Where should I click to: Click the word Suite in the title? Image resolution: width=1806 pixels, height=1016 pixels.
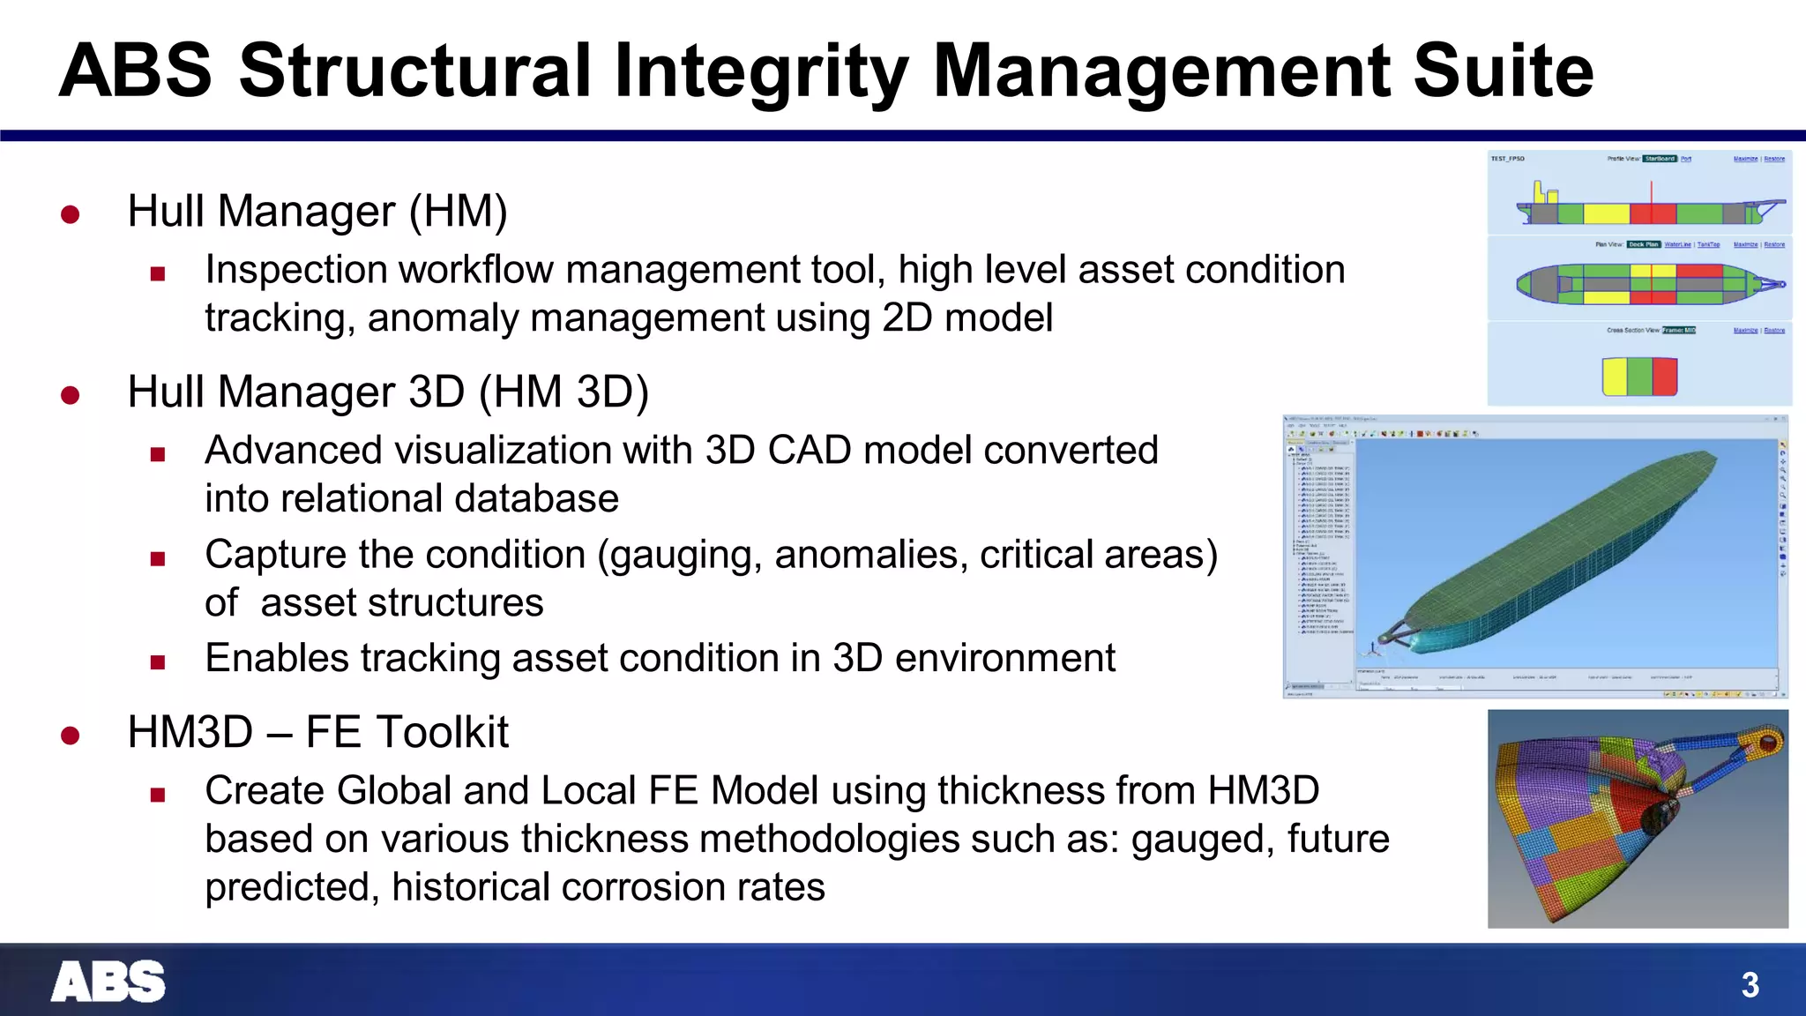(1503, 71)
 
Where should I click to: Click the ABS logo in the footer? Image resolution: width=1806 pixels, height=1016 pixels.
(108, 982)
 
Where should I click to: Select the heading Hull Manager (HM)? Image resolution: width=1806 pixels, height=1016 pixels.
(317, 212)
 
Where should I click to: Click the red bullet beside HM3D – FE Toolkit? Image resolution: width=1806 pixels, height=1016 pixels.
(71, 735)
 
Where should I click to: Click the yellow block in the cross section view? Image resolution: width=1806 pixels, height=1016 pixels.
(1614, 377)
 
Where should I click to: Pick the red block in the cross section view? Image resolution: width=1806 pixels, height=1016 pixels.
(1664, 377)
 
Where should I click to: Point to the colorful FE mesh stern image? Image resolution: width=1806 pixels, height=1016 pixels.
(1637, 818)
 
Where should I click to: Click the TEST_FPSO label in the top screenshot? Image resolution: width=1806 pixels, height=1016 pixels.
(1507, 159)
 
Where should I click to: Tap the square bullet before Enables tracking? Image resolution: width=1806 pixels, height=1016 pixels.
(158, 662)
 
